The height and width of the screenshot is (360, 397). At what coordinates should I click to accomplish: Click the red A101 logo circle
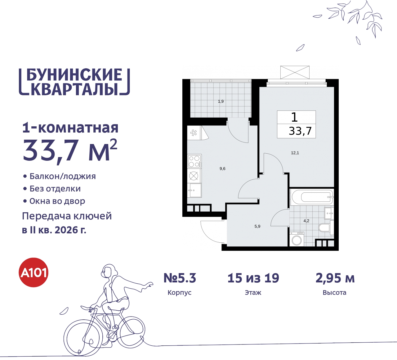pyautogui.click(x=34, y=272)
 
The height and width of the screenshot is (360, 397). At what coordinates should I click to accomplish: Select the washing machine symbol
pyautogui.click(x=297, y=239)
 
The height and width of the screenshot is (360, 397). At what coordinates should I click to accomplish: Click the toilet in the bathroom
pyautogui.click(x=325, y=228)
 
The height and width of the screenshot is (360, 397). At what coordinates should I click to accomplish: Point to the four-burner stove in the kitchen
pyautogui.click(x=194, y=161)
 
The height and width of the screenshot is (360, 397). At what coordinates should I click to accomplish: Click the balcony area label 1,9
pyautogui.click(x=221, y=101)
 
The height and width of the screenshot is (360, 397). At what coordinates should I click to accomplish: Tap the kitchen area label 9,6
pyautogui.click(x=222, y=169)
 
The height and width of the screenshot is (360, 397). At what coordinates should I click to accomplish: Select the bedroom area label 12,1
pyautogui.click(x=295, y=153)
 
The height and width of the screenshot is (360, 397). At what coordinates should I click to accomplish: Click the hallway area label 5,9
pyautogui.click(x=257, y=227)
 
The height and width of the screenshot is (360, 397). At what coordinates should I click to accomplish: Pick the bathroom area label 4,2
pyautogui.click(x=306, y=221)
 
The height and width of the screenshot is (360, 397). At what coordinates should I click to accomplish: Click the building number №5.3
pyautogui.click(x=180, y=278)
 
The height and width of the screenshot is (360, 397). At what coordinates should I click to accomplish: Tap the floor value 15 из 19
pyautogui.click(x=253, y=278)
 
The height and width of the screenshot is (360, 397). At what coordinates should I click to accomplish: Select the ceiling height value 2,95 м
pyautogui.click(x=335, y=278)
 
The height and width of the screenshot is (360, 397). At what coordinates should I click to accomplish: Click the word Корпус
pyautogui.click(x=180, y=293)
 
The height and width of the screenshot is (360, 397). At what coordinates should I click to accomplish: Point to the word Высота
pyautogui.click(x=334, y=293)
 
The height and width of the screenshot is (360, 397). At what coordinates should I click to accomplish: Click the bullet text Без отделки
pyautogui.click(x=55, y=189)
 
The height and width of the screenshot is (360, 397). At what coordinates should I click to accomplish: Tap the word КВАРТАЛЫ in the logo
pyautogui.click(x=74, y=89)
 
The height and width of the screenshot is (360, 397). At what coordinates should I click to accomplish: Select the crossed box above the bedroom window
pyautogui.click(x=295, y=72)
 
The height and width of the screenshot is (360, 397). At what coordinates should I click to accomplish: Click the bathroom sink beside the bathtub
pyautogui.click(x=329, y=213)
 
